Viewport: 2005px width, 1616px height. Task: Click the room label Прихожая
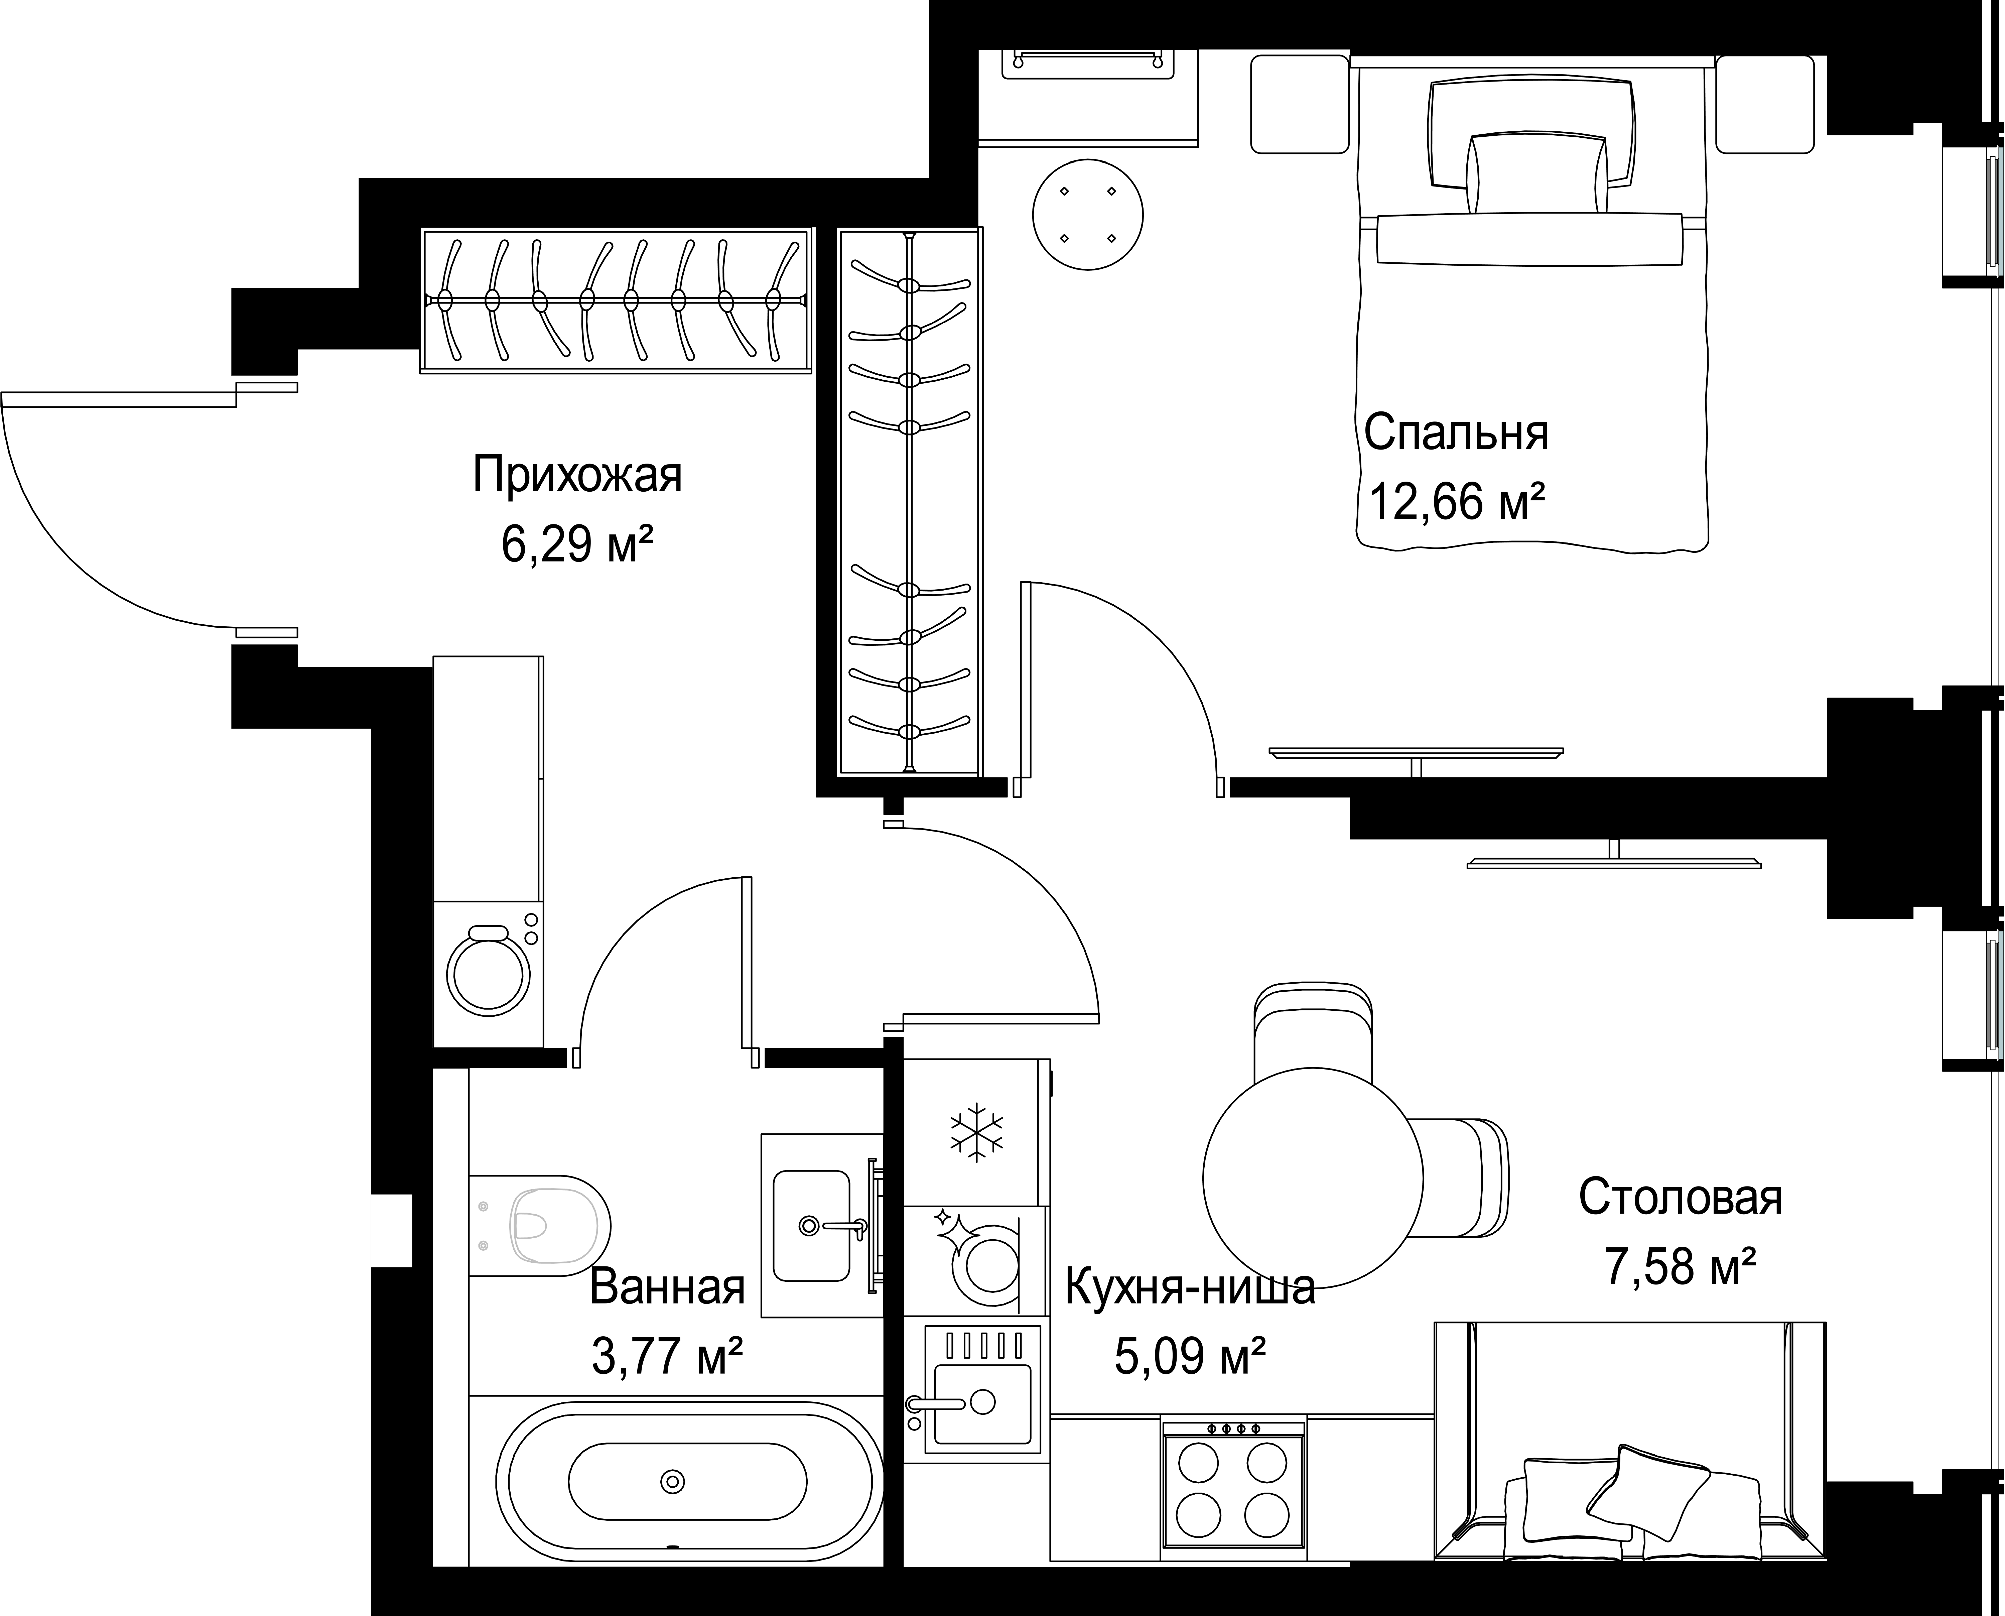(x=577, y=475)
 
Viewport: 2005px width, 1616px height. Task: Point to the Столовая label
(x=1680, y=1198)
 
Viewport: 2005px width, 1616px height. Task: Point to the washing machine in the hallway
(x=489, y=973)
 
